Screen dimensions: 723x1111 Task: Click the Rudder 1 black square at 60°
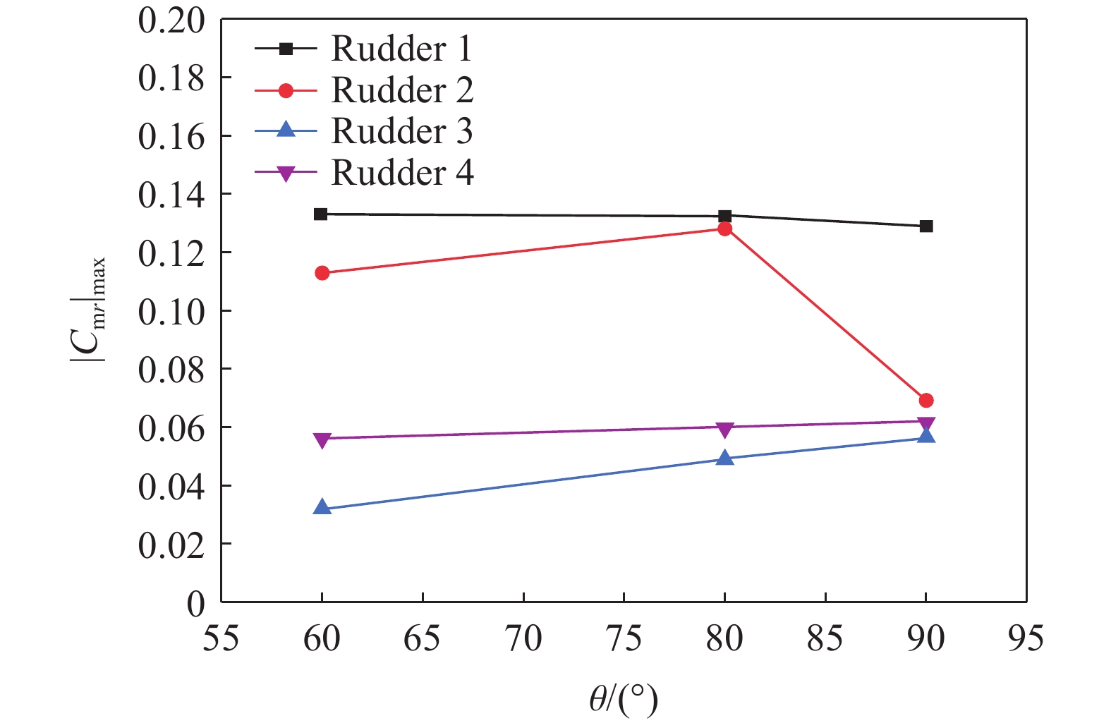click(321, 214)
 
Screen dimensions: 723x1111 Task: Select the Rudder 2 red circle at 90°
click(926, 401)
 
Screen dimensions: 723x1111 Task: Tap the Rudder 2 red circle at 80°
click(724, 229)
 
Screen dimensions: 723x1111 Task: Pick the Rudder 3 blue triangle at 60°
click(322, 508)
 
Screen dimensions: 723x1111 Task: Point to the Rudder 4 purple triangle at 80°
click(724, 429)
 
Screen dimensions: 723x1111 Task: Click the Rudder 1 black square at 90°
click(926, 226)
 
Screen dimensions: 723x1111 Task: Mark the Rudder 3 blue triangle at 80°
click(724, 458)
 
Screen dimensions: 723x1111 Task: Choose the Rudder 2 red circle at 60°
click(322, 273)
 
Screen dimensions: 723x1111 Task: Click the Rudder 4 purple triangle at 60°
click(322, 440)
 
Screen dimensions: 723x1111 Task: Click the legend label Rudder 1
click(401, 49)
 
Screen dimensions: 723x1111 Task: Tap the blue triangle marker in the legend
click(286, 130)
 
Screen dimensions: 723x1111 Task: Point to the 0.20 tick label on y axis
click(171, 20)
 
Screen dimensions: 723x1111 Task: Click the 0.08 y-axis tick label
click(171, 370)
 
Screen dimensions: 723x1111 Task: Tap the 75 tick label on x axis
click(624, 638)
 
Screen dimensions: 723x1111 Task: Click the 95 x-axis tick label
click(1026, 638)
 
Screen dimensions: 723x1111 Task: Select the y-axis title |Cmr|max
click(89, 310)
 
